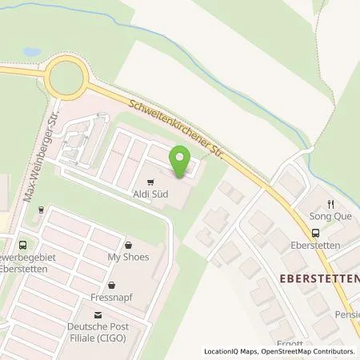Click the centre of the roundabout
[66, 79]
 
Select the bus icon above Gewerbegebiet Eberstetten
[22, 246]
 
